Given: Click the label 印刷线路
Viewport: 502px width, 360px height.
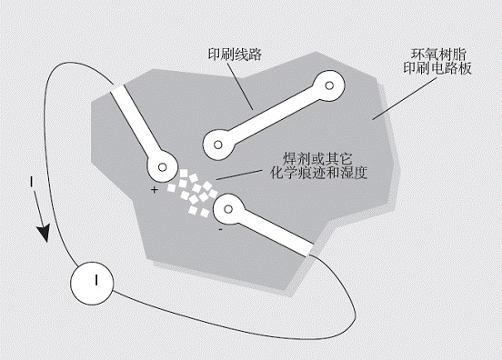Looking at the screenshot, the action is tap(235, 55).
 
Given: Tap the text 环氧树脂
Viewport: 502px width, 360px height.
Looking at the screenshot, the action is tap(438, 55).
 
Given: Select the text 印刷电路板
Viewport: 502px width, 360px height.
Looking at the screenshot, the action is tap(437, 68).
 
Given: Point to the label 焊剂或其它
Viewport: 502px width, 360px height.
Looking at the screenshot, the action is tap(317, 159).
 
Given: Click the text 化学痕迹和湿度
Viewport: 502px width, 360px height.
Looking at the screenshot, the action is tap(318, 173).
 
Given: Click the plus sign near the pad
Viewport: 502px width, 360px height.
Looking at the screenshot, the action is tap(155, 190).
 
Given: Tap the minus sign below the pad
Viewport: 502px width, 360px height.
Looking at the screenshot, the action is tap(220, 229).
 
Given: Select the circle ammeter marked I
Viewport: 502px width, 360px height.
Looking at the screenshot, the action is tap(92, 283).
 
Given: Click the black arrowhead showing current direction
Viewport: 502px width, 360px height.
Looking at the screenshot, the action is tap(44, 233).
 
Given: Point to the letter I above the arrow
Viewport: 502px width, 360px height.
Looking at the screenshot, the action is tap(31, 182).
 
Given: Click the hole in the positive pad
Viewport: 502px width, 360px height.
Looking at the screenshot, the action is tap(163, 167).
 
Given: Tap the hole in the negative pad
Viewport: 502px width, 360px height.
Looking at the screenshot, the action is tap(228, 209).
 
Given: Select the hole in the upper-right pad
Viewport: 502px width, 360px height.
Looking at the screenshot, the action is tap(329, 85).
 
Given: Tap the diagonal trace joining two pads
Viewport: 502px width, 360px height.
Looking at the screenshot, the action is tap(274, 115).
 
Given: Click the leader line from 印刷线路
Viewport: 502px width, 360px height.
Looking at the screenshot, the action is tap(240, 85).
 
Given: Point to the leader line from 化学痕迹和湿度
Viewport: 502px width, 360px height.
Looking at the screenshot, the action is tap(239, 175).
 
